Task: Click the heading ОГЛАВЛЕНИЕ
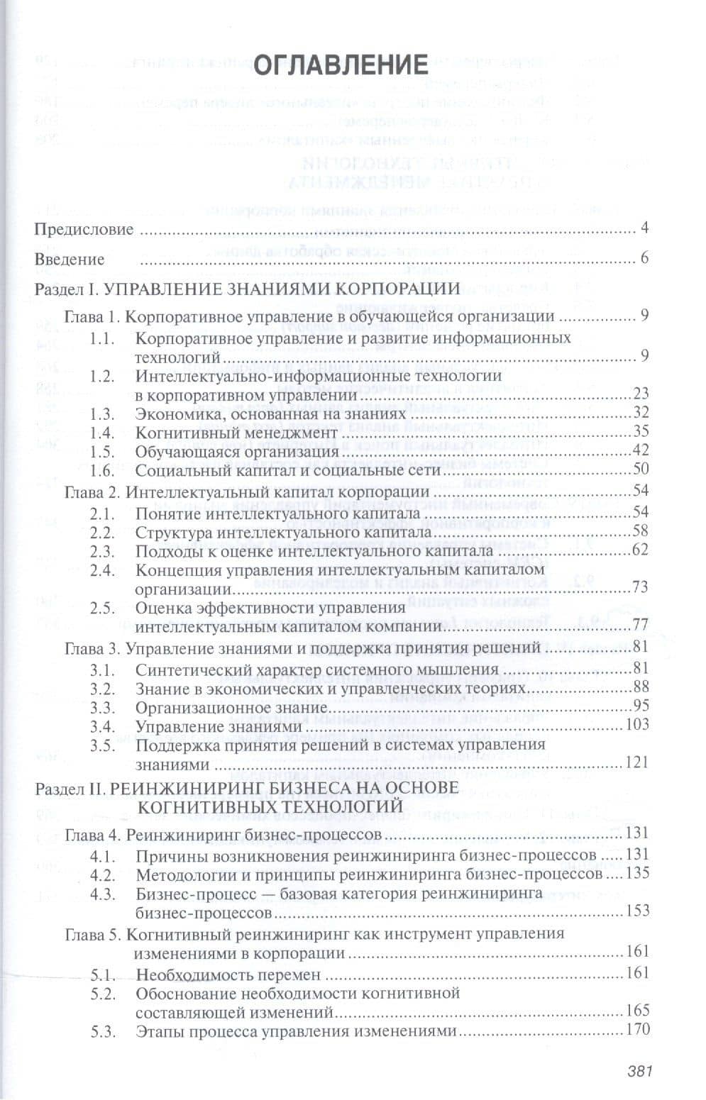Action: [x=340, y=65]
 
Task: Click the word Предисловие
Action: [x=84, y=230]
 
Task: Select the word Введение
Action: [x=70, y=260]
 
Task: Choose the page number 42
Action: [x=641, y=451]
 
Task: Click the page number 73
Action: [x=641, y=587]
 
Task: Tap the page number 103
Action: [x=638, y=726]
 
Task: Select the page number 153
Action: [x=638, y=910]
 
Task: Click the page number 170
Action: [x=638, y=1031]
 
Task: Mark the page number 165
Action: [x=638, y=1011]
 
